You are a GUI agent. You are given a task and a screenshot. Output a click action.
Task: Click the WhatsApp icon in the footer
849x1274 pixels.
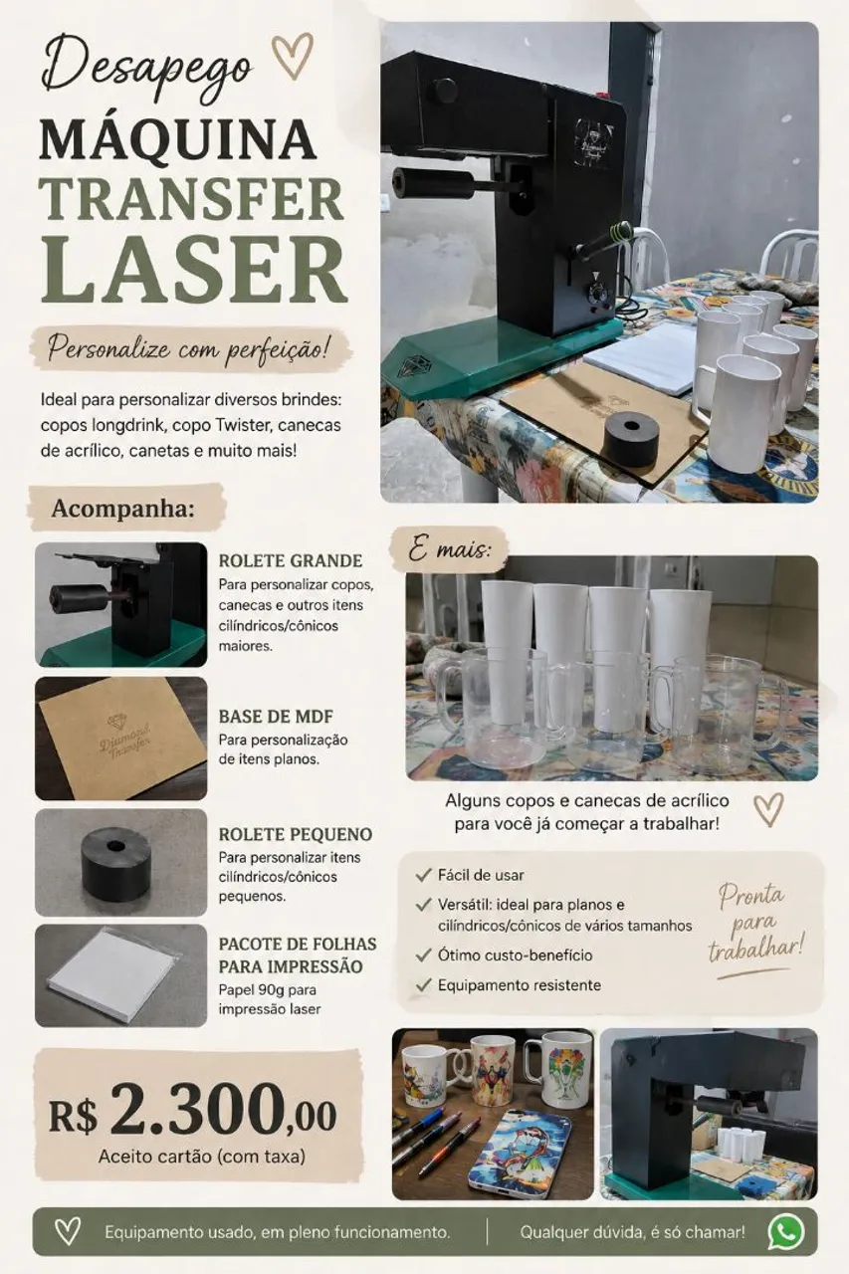click(x=786, y=1231)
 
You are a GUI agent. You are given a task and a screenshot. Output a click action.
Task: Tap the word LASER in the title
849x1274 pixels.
click(x=194, y=272)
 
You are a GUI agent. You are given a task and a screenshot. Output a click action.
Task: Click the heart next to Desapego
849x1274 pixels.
click(x=293, y=58)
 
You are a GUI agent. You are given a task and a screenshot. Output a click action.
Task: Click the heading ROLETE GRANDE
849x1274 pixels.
click(x=291, y=560)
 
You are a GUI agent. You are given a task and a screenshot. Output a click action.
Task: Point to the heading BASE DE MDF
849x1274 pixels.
click(x=276, y=717)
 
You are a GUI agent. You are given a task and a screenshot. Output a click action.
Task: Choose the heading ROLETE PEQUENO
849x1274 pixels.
click(x=296, y=834)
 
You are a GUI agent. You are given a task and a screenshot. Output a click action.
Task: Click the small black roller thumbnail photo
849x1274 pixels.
click(x=121, y=862)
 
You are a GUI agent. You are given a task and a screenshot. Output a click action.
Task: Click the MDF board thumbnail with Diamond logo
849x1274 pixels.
click(x=121, y=739)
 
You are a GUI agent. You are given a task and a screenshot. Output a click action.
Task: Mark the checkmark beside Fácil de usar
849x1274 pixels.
click(x=423, y=875)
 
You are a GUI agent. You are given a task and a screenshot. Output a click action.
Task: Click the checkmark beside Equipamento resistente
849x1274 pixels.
click(x=423, y=984)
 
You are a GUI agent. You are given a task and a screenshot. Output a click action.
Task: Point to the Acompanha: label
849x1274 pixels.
click(x=122, y=509)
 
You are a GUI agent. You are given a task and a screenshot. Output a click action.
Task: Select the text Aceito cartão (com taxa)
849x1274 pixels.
click(x=202, y=1157)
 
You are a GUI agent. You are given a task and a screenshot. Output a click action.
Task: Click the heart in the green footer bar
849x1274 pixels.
click(x=67, y=1232)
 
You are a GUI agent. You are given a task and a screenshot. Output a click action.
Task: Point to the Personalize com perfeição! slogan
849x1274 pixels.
click(x=189, y=347)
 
